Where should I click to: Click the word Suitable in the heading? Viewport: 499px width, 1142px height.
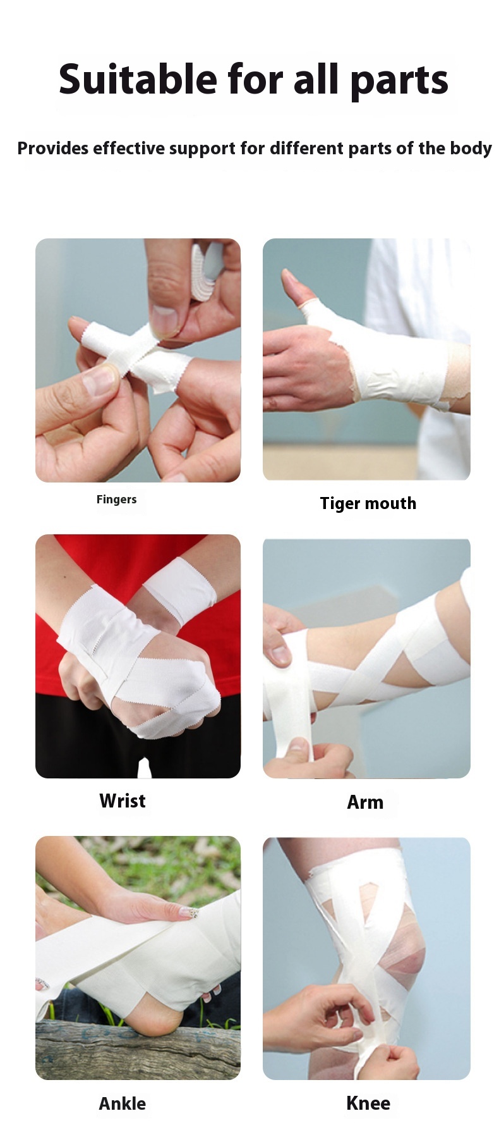138,80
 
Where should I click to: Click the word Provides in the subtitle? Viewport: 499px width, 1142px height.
53,149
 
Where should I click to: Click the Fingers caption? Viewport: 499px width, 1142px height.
116,500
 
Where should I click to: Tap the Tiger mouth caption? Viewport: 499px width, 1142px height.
368,503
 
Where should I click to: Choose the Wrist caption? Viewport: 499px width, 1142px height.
122,801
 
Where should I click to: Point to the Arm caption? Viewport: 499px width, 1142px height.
365,802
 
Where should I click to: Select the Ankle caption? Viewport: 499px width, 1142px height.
122,1103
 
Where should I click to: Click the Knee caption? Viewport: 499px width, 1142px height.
368,1103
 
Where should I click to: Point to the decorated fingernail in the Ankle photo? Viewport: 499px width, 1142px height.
189,912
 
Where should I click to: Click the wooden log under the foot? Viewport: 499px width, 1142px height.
126,1050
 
